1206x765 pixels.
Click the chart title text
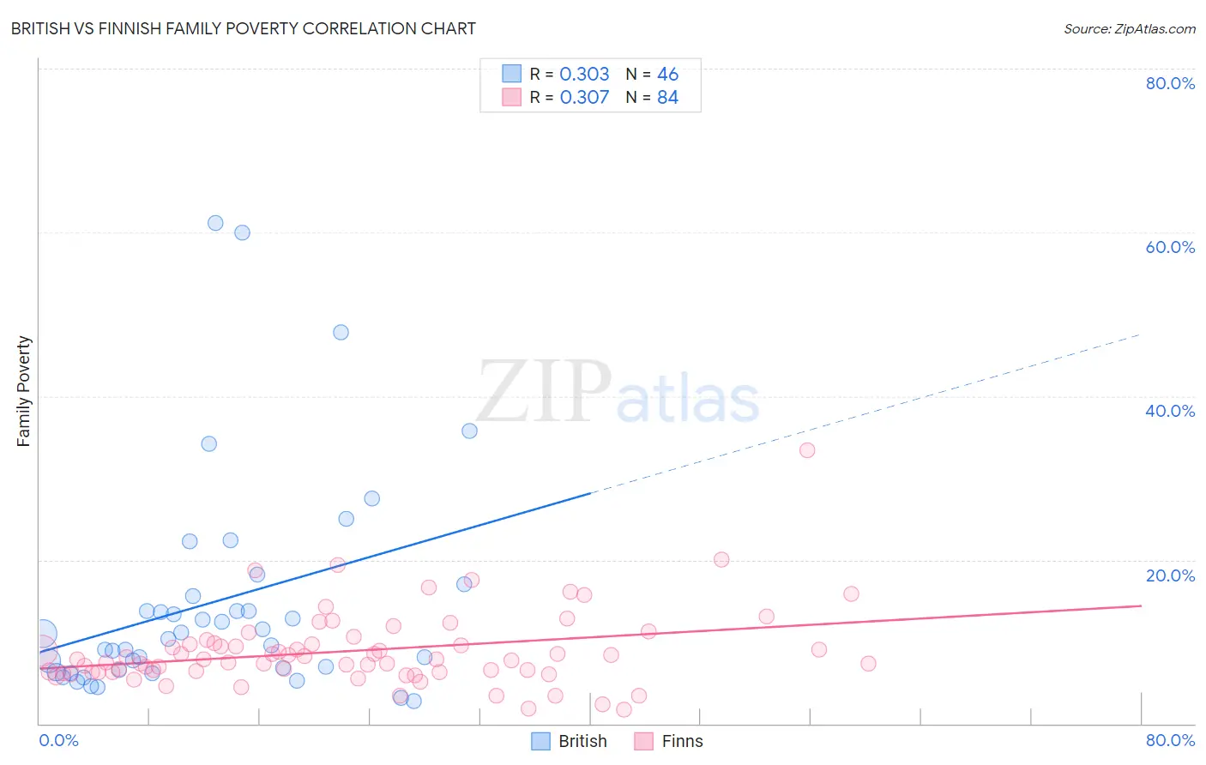pos(243,28)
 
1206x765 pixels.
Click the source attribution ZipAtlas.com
pos(1129,28)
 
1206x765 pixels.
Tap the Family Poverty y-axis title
pos(24,391)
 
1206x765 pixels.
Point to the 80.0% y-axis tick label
pos(1170,83)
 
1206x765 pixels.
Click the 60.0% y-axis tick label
pos(1170,247)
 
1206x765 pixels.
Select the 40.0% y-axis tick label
pos(1170,411)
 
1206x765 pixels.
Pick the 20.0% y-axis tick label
pos(1170,575)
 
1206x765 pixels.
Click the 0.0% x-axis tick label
pos(58,740)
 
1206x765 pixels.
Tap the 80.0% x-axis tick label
pos(1170,740)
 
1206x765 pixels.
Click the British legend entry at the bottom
pos(570,741)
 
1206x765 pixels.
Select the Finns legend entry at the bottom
pos(669,741)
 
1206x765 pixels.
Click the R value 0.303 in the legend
pos(584,74)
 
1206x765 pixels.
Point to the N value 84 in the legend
pos(667,97)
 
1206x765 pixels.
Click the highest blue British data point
pos(215,223)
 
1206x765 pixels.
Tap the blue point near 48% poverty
pos(341,332)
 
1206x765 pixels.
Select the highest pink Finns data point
pos(806,450)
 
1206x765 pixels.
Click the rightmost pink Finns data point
pos(868,664)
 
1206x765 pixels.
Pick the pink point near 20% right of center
pos(721,560)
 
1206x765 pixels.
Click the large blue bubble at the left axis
pos(43,635)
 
